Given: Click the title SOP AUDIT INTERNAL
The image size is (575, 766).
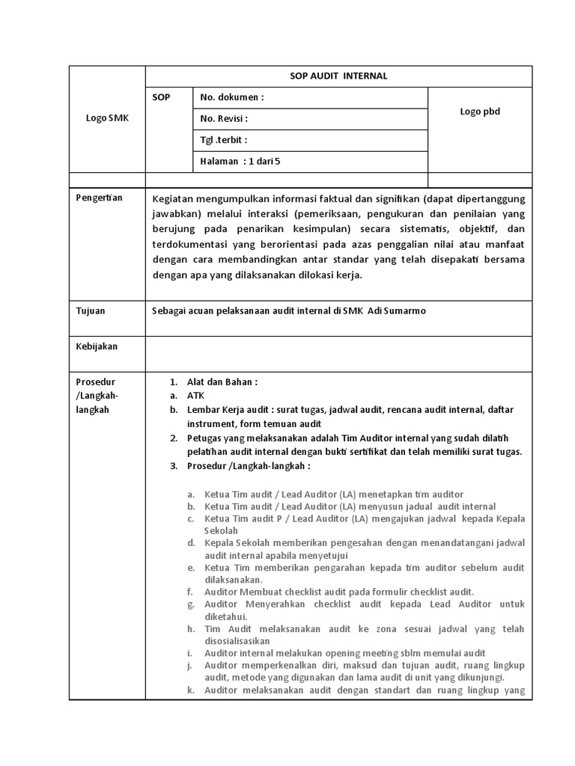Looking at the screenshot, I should (338, 76).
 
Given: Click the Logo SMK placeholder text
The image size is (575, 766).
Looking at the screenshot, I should (107, 117).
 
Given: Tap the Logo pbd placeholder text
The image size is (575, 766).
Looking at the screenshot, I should (479, 111).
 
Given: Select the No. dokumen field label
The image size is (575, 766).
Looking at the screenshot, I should (232, 97).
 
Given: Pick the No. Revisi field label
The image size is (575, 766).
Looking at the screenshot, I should (224, 118).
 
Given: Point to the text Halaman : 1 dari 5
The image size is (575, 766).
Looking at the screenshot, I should (240, 161).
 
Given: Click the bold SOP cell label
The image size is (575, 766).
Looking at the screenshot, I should (161, 97).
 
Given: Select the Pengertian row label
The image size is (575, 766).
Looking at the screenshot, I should (100, 197).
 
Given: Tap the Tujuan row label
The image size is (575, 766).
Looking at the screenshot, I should (91, 310).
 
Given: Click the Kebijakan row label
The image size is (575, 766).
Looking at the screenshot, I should (97, 346).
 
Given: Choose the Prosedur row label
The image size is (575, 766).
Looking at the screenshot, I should (95, 382).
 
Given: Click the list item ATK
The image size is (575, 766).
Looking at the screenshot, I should (195, 396).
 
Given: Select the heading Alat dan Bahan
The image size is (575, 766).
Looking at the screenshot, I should (222, 382).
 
